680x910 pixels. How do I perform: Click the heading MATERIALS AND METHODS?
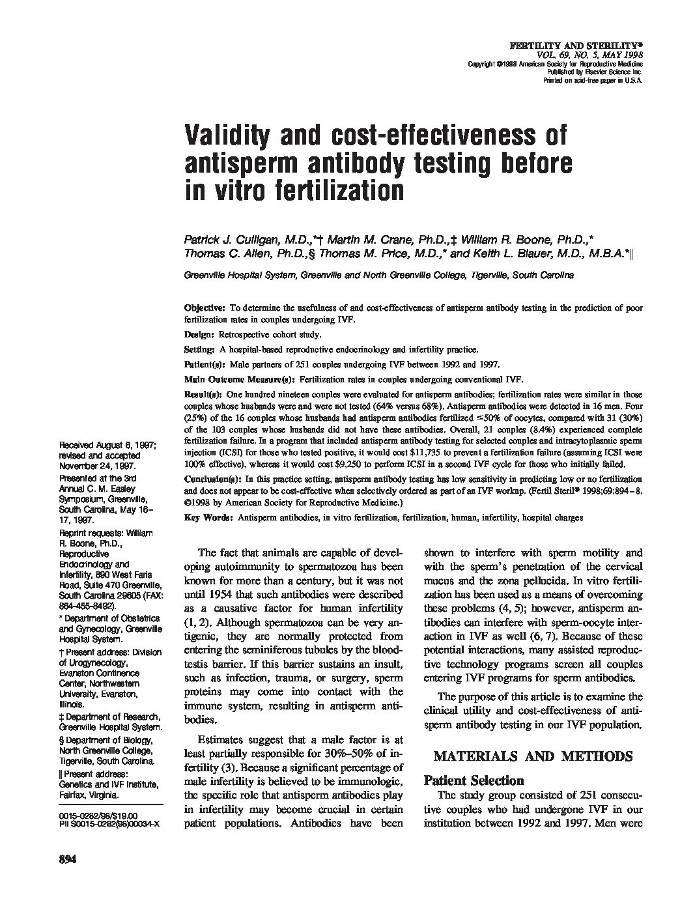(x=533, y=756)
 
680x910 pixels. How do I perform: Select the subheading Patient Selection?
(x=474, y=780)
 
